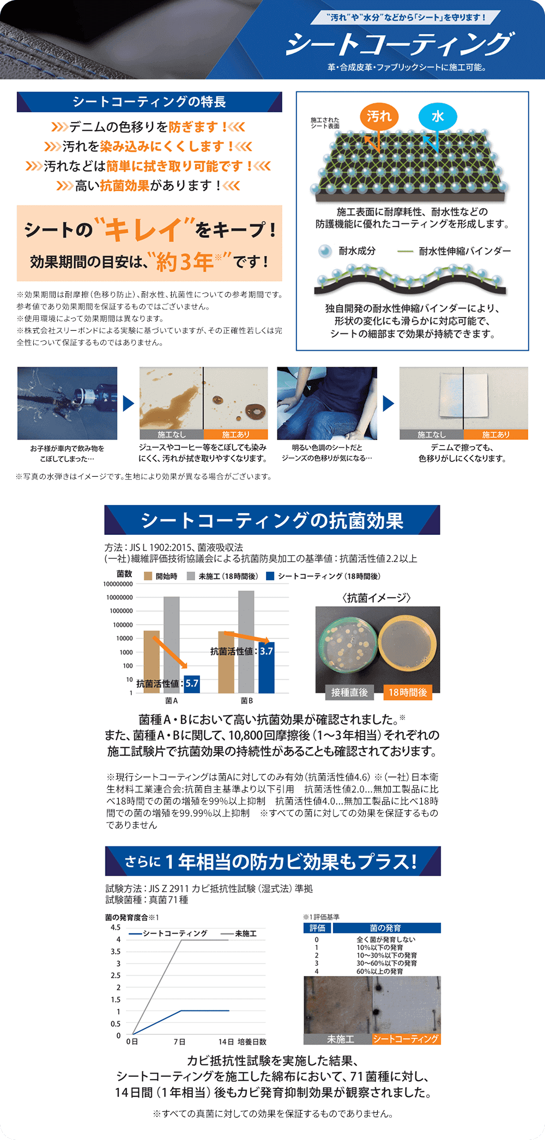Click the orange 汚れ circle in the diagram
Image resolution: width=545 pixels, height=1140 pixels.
(x=379, y=117)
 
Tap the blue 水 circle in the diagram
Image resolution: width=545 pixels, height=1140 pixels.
(x=437, y=117)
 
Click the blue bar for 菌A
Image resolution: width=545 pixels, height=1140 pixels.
(x=192, y=684)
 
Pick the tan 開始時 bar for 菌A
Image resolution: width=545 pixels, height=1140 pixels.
(x=152, y=661)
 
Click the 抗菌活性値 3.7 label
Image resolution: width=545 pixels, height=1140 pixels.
(x=241, y=651)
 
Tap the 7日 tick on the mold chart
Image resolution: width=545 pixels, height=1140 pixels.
(x=179, y=1041)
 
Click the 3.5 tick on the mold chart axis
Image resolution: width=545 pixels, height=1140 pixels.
(x=116, y=952)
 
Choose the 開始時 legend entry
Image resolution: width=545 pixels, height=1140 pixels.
(x=161, y=576)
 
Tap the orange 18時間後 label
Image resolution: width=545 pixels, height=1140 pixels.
(x=408, y=692)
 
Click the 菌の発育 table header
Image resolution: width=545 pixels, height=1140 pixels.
(x=386, y=928)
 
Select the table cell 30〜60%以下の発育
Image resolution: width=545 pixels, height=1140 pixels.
(x=386, y=963)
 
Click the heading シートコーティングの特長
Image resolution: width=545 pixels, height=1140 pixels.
(x=149, y=102)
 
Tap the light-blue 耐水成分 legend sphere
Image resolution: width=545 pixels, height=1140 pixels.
(x=325, y=251)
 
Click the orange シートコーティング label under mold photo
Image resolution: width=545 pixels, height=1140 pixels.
(x=405, y=1039)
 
